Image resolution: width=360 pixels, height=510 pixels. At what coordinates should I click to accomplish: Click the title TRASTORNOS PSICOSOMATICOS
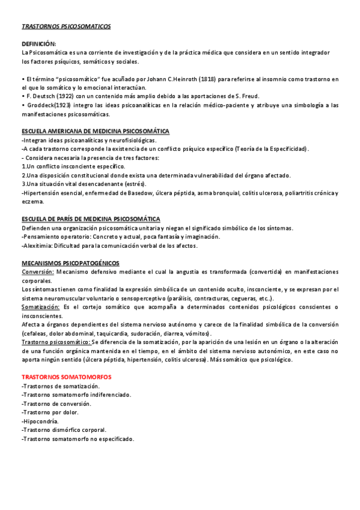coord(66,27)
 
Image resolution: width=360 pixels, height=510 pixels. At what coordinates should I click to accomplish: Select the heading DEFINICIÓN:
coord(39,45)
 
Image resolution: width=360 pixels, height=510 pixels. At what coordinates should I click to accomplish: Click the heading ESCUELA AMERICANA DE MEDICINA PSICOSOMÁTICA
coord(96,131)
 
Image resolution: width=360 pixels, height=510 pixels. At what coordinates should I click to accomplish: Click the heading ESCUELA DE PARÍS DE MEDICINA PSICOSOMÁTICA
coord(91,219)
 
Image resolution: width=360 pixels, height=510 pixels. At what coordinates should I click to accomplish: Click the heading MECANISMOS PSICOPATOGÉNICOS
coord(70,263)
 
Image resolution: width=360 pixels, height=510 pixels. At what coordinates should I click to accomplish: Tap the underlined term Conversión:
coord(37,272)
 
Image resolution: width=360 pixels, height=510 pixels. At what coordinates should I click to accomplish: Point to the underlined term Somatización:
coord(40,307)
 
